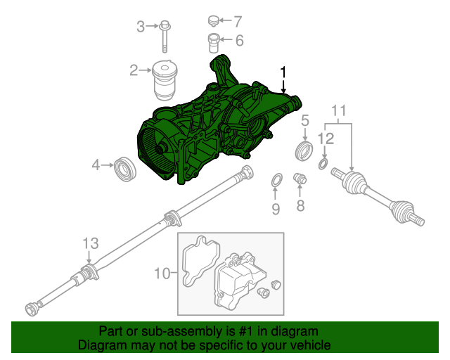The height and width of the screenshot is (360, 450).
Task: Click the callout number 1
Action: (283, 72)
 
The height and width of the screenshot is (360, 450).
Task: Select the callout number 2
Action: (134, 70)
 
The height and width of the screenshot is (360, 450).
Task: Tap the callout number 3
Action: (141, 27)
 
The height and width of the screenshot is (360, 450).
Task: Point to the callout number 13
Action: (90, 243)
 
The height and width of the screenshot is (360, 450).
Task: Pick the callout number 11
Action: (339, 111)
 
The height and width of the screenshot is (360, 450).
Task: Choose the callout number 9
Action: (276, 208)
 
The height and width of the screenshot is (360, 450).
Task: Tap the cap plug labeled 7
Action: (215, 20)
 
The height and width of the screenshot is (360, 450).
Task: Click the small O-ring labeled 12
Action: (323, 165)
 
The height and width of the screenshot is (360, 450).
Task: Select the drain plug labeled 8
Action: (300, 179)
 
